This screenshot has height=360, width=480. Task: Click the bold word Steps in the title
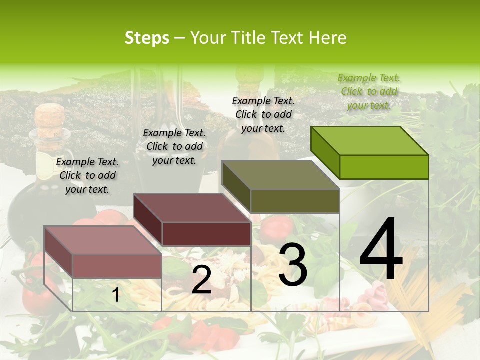(x=146, y=38)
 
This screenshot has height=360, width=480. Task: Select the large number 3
(x=292, y=265)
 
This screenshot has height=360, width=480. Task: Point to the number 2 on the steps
(x=201, y=280)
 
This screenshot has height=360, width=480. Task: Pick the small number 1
(x=115, y=295)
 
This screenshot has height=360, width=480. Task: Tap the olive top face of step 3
(x=280, y=175)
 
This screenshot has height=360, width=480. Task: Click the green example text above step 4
(x=369, y=91)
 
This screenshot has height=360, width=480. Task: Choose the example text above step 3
(x=263, y=114)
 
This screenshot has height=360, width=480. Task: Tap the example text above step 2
(x=174, y=146)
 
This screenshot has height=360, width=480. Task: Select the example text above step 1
(x=87, y=175)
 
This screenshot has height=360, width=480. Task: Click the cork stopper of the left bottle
(x=50, y=117)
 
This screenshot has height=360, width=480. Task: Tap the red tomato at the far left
(x=35, y=295)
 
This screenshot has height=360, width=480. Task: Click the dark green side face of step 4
(x=325, y=152)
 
